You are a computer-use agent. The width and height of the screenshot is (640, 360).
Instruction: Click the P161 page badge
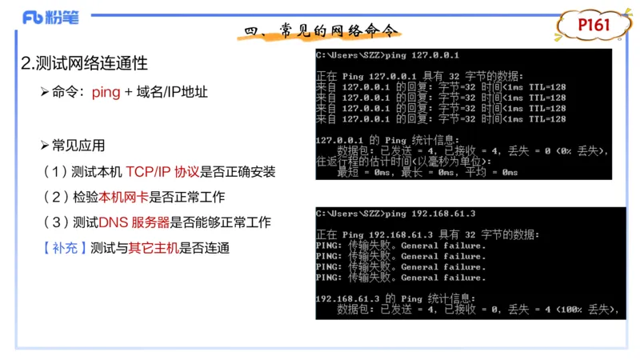pos(594,25)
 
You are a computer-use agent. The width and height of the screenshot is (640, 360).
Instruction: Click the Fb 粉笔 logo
pos(50,18)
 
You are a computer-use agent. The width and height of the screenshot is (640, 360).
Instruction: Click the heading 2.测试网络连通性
pos(84,64)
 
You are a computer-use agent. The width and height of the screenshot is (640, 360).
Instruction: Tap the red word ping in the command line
pos(106,92)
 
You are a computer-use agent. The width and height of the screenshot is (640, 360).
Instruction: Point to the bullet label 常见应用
pos(78,146)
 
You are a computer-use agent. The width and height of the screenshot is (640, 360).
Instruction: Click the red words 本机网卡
pos(122,197)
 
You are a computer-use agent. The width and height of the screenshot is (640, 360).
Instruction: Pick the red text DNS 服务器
pos(134,222)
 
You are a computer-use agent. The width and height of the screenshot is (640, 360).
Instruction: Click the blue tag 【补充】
pos(60,248)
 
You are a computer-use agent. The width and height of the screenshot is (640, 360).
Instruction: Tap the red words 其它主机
pos(151,248)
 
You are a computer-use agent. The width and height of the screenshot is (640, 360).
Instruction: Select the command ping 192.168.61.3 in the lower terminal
pos(430,214)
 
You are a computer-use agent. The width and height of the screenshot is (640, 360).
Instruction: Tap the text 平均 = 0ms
pos(490,172)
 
